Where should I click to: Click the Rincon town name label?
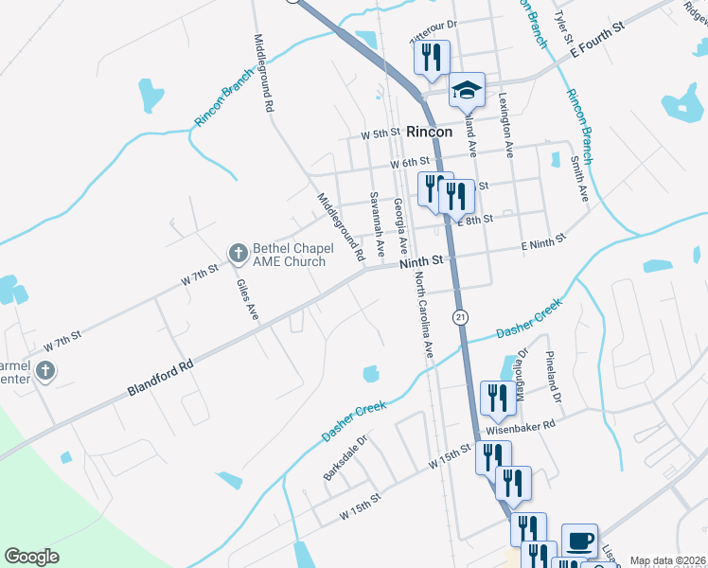(428, 133)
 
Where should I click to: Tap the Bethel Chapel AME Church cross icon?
(238, 253)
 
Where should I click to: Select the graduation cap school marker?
(466, 90)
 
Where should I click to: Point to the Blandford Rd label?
(160, 378)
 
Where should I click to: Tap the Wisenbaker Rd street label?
(513, 427)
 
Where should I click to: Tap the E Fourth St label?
(593, 44)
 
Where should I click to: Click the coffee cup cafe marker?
(579, 541)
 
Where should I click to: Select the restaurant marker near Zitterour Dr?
(431, 57)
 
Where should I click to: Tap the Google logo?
(32, 557)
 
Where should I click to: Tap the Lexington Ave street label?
(506, 124)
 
